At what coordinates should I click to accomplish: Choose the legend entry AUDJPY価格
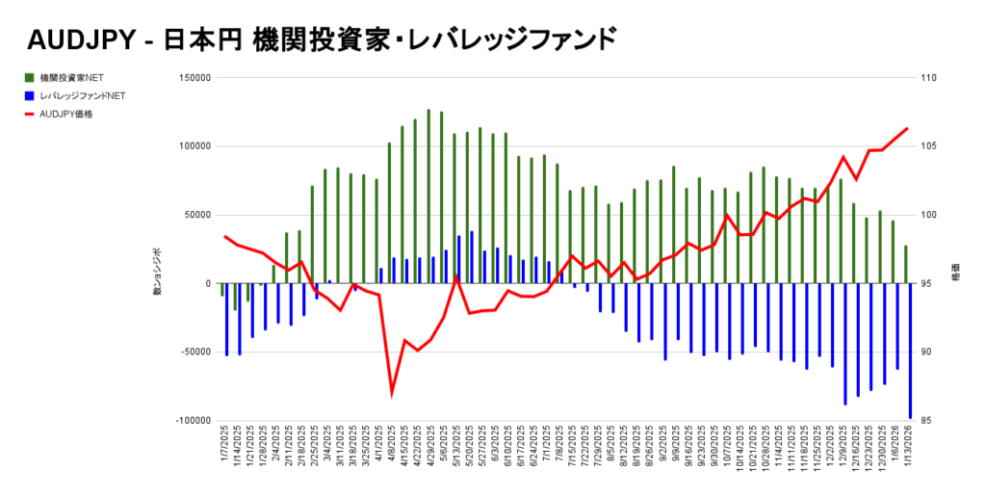(66, 115)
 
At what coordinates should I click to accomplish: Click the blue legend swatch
(30, 96)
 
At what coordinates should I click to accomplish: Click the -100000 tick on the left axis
(193, 421)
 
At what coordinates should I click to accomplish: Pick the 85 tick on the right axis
(928, 421)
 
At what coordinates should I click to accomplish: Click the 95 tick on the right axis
(928, 284)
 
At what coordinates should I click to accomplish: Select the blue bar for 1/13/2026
(910, 352)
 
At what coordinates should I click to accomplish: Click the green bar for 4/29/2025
(428, 196)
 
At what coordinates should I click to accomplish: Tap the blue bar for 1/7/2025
(226, 320)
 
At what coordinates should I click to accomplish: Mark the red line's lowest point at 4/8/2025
(392, 393)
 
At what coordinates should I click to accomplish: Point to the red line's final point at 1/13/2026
(907, 128)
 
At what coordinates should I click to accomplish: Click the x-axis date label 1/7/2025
(224, 453)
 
